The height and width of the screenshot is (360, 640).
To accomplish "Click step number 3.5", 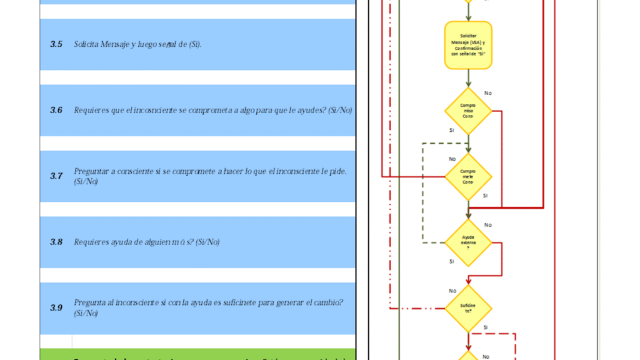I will [56, 44].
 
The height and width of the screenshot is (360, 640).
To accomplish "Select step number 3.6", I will [56, 110].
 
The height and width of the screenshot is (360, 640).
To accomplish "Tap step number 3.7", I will [56, 176].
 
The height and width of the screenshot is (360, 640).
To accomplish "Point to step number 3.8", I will [56, 242].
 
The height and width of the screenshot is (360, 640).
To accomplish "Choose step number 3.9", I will [56, 307].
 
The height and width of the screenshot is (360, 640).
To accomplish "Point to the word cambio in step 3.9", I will [324, 302].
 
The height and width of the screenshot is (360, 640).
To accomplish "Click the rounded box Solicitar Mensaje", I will [468, 45].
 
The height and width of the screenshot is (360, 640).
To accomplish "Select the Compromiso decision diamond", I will [468, 111].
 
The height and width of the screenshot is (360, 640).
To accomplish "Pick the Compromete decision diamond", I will [468, 176].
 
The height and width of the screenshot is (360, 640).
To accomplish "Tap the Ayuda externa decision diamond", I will [468, 242].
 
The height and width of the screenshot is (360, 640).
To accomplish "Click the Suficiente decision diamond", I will [468, 308].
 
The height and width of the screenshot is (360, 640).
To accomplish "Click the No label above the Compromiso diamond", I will [487, 93].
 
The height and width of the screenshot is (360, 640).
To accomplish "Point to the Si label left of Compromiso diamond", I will [451, 131].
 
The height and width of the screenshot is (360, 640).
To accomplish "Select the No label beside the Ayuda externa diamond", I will [487, 225].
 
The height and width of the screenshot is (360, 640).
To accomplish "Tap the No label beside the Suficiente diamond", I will [452, 291].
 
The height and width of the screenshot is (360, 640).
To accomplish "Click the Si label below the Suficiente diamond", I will [485, 327].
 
